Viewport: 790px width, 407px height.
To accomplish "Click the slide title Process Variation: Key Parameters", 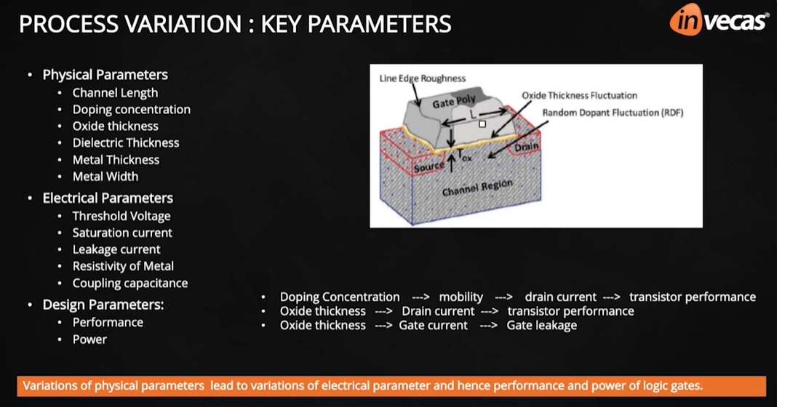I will (x=235, y=24).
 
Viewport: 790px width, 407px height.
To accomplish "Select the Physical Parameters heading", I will (x=105, y=75).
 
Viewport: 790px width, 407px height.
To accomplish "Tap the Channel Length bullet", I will (x=115, y=93).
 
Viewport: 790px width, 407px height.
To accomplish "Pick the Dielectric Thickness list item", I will (x=126, y=143).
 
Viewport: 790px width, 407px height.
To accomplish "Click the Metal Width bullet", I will (x=105, y=177).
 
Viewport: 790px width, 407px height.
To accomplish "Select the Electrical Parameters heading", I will (x=108, y=198).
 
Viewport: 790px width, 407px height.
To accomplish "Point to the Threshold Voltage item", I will (x=121, y=217).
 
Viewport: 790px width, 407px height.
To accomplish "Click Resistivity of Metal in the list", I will (x=123, y=267).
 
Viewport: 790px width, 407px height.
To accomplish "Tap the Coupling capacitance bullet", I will (x=130, y=283).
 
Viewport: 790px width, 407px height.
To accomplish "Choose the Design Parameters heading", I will (x=103, y=305).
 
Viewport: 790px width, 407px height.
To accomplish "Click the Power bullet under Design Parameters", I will (x=89, y=339).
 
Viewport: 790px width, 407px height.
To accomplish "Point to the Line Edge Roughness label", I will (x=422, y=78).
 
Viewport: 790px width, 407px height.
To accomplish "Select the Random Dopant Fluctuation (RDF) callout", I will (x=613, y=113).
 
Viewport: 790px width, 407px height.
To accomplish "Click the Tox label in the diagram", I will (x=464, y=156).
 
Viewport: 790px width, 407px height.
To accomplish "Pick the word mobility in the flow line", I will (x=460, y=297).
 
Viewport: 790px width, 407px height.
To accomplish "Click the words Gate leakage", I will (x=541, y=326).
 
